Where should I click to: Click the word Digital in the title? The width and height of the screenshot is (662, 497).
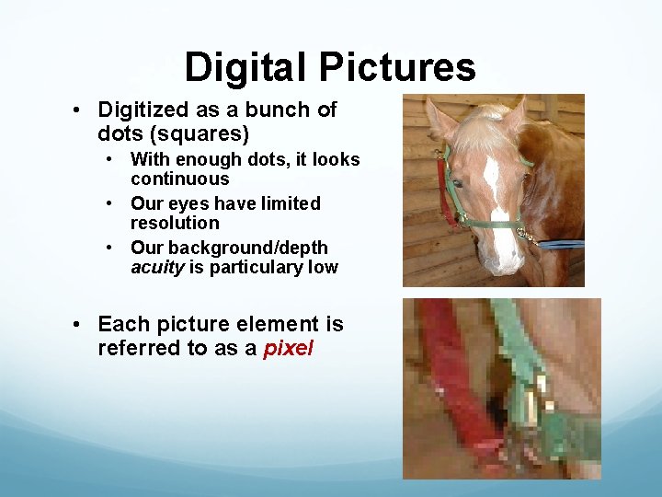pos(245,68)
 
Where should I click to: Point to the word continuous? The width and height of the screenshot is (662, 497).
pos(179,179)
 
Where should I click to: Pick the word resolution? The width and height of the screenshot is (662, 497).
pos(175,223)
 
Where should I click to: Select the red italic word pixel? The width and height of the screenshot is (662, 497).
pos(288,349)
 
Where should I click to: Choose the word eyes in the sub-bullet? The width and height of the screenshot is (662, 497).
pos(192,203)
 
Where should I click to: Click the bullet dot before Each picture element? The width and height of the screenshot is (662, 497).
pos(79,325)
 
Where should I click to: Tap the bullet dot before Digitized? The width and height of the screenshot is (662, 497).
pos(79,110)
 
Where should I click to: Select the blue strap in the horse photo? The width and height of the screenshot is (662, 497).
pos(560,244)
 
